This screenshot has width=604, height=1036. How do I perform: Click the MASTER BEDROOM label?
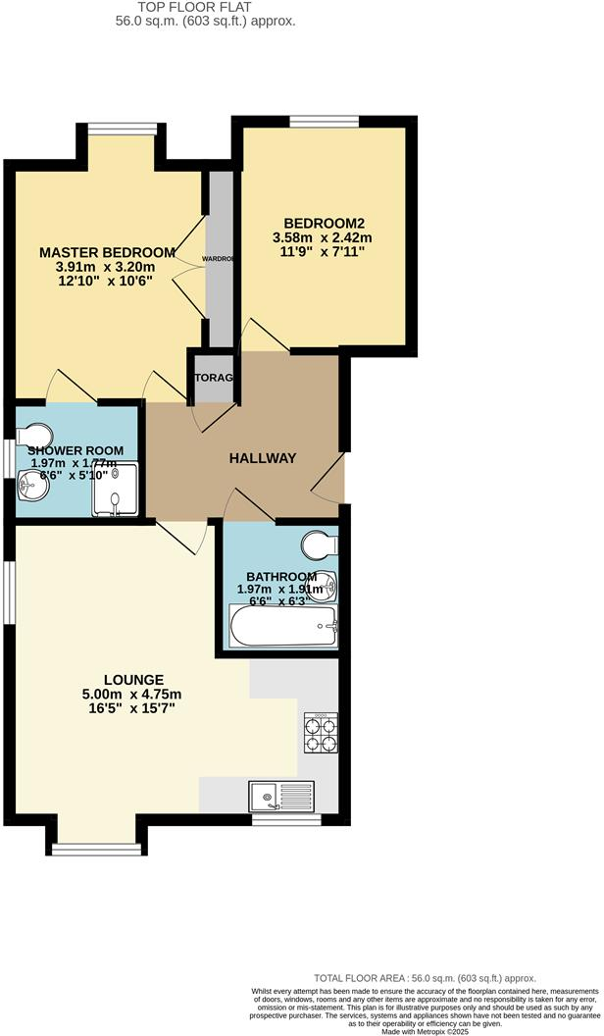108,252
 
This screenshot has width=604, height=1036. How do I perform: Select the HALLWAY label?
263,458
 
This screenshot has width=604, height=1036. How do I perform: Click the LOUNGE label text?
133,680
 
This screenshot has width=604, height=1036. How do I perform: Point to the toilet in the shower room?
37,434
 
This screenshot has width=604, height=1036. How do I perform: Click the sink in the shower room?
33,483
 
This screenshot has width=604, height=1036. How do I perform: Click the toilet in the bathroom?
321,543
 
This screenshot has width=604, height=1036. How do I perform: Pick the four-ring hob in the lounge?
320,733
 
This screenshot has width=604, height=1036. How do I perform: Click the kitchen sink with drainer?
281,795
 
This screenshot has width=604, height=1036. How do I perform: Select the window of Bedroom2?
325,122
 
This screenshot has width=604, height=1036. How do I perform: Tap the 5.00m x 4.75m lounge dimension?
133,695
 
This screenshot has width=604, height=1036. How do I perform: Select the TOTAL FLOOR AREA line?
426,978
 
